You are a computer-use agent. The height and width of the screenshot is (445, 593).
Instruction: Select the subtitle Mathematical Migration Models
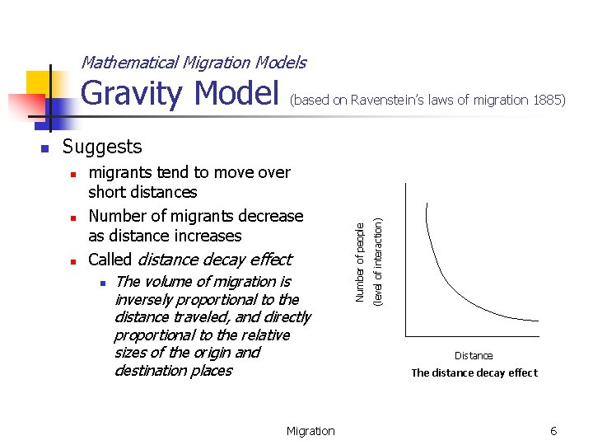(x=194, y=63)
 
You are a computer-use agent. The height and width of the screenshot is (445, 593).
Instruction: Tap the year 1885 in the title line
(x=548, y=100)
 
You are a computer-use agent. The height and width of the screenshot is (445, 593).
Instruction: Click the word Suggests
(x=102, y=147)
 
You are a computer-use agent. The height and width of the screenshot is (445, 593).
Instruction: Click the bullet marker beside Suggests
(x=45, y=149)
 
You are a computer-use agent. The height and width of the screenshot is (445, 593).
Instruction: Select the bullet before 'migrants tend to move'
(x=72, y=175)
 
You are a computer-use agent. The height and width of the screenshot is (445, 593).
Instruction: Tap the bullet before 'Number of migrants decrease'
(x=72, y=218)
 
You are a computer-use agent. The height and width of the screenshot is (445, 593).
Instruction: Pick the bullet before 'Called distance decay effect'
(x=72, y=262)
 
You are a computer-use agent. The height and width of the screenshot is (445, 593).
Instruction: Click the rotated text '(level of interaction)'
(x=378, y=261)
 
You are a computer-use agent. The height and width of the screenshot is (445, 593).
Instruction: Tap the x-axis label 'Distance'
(x=474, y=356)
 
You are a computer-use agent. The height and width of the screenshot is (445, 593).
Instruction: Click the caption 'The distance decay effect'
(x=474, y=372)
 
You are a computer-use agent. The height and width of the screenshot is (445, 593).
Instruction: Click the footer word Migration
(x=311, y=431)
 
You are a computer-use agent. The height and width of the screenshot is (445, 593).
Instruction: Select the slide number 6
(x=553, y=431)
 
